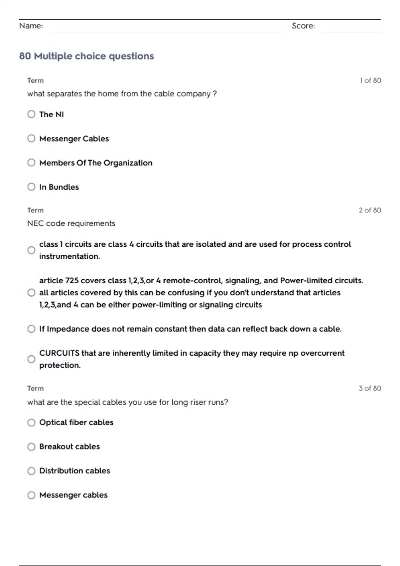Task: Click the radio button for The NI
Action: point(31,114)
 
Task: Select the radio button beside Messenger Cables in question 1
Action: point(31,139)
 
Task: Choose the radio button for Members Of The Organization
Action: point(31,163)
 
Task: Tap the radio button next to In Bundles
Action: point(31,187)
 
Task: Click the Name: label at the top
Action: point(31,26)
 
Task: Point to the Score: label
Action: point(303,26)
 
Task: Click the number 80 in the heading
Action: point(25,56)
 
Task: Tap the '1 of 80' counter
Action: point(370,81)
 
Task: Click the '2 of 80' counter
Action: point(370,210)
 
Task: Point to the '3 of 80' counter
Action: point(370,389)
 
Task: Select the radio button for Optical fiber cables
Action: point(31,423)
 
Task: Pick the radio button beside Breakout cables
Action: point(31,447)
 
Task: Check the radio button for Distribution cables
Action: point(31,471)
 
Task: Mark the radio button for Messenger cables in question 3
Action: point(31,495)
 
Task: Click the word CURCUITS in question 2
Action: point(59,353)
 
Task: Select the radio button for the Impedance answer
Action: point(31,329)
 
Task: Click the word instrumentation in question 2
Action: point(69,256)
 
